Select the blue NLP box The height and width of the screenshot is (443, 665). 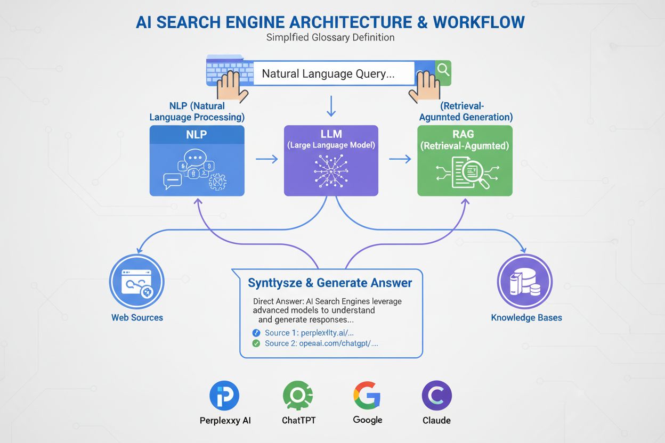pyautogui.click(x=197, y=161)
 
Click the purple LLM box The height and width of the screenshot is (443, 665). pyautogui.click(x=331, y=161)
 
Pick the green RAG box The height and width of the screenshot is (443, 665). pyautogui.click(x=465, y=161)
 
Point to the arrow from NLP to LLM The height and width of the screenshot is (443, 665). pyautogui.click(x=267, y=159)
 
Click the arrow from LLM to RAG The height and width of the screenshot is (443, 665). pyautogui.click(x=400, y=159)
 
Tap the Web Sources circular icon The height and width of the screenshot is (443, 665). pyautogui.click(x=137, y=282)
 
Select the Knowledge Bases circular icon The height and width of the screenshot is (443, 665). pyautogui.click(x=524, y=282)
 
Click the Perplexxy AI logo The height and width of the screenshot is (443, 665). pyautogui.click(x=224, y=396)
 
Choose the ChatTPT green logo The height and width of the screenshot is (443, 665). pyautogui.click(x=298, y=396)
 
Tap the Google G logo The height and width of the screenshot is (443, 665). pyautogui.click(x=367, y=396)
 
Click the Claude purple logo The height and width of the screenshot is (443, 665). pyautogui.click(x=436, y=396)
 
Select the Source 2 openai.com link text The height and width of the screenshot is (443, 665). pyautogui.click(x=321, y=343)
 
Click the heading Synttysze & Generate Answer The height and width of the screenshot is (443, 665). pyautogui.click(x=330, y=283)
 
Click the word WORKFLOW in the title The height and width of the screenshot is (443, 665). pyautogui.click(x=479, y=22)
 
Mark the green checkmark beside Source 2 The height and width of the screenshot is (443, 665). pyautogui.click(x=256, y=343)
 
